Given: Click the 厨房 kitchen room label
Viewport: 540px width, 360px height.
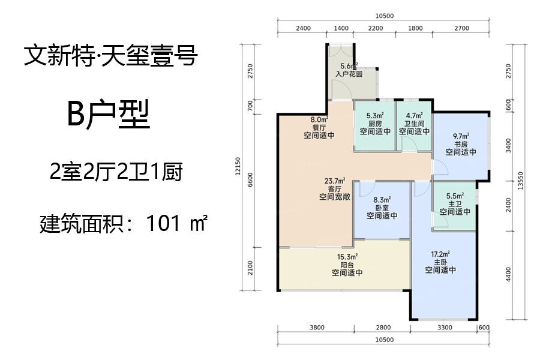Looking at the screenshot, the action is tap(375, 124).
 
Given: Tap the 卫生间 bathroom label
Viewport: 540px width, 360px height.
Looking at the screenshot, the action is tap(414, 124).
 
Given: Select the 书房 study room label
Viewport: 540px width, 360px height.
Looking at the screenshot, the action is tap(461, 144).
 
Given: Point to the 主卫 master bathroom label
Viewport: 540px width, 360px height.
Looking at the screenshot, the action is tap(455, 204).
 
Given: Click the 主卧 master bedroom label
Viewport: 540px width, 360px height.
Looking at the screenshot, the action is tap(440, 262).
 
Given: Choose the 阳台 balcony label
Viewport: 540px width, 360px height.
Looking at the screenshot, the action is tap(347, 265).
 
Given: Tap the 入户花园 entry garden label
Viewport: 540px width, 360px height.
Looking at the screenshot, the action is tap(349, 74).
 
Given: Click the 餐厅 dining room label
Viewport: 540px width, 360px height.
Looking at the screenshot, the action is tap(319, 127).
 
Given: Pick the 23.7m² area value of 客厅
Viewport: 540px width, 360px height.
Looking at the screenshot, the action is tap(335, 181).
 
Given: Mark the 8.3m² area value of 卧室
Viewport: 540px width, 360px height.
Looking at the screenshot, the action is tap(382, 200).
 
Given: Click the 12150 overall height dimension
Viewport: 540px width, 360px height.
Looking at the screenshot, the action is tap(238, 166).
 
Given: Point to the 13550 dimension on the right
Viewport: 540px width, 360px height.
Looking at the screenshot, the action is tap(520, 181).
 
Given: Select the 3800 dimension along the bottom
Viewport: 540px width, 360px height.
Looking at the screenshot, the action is tap(317, 328).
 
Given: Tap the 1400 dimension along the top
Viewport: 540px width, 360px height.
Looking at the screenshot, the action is tap(341, 28).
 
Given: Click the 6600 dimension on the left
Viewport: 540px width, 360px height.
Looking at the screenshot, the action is tap(250, 180).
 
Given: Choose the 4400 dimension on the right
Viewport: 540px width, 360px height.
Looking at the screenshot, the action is tap(508, 274).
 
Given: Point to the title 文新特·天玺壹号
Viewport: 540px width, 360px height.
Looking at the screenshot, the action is tap(111, 55).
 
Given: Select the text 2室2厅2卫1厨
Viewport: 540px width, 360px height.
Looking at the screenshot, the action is tap(116, 172).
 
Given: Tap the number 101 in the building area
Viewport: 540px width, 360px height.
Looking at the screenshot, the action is tap(163, 223).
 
